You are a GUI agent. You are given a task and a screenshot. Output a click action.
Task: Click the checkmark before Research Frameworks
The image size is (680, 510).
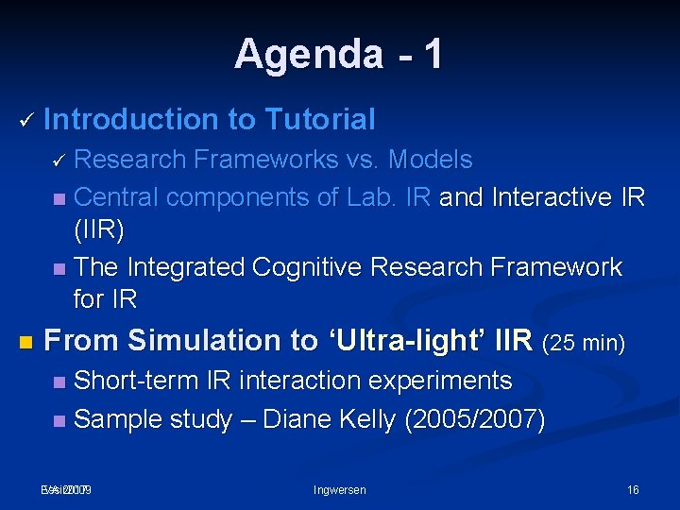[x=59, y=161]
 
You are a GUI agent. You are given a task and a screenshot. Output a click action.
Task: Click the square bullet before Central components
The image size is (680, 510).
[x=59, y=198]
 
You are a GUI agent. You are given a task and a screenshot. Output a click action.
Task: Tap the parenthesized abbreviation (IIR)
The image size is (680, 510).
[x=98, y=230]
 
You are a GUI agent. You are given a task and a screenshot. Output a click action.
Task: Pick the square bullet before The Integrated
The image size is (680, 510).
[x=59, y=268]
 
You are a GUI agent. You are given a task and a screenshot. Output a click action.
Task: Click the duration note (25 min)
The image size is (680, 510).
[x=584, y=342]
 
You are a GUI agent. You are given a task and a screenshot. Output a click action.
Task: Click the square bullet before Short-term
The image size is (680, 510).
[x=59, y=382]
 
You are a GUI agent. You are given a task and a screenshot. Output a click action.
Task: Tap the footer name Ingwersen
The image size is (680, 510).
[x=339, y=489]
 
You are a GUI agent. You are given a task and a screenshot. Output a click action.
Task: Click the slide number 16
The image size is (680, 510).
[x=632, y=489]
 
